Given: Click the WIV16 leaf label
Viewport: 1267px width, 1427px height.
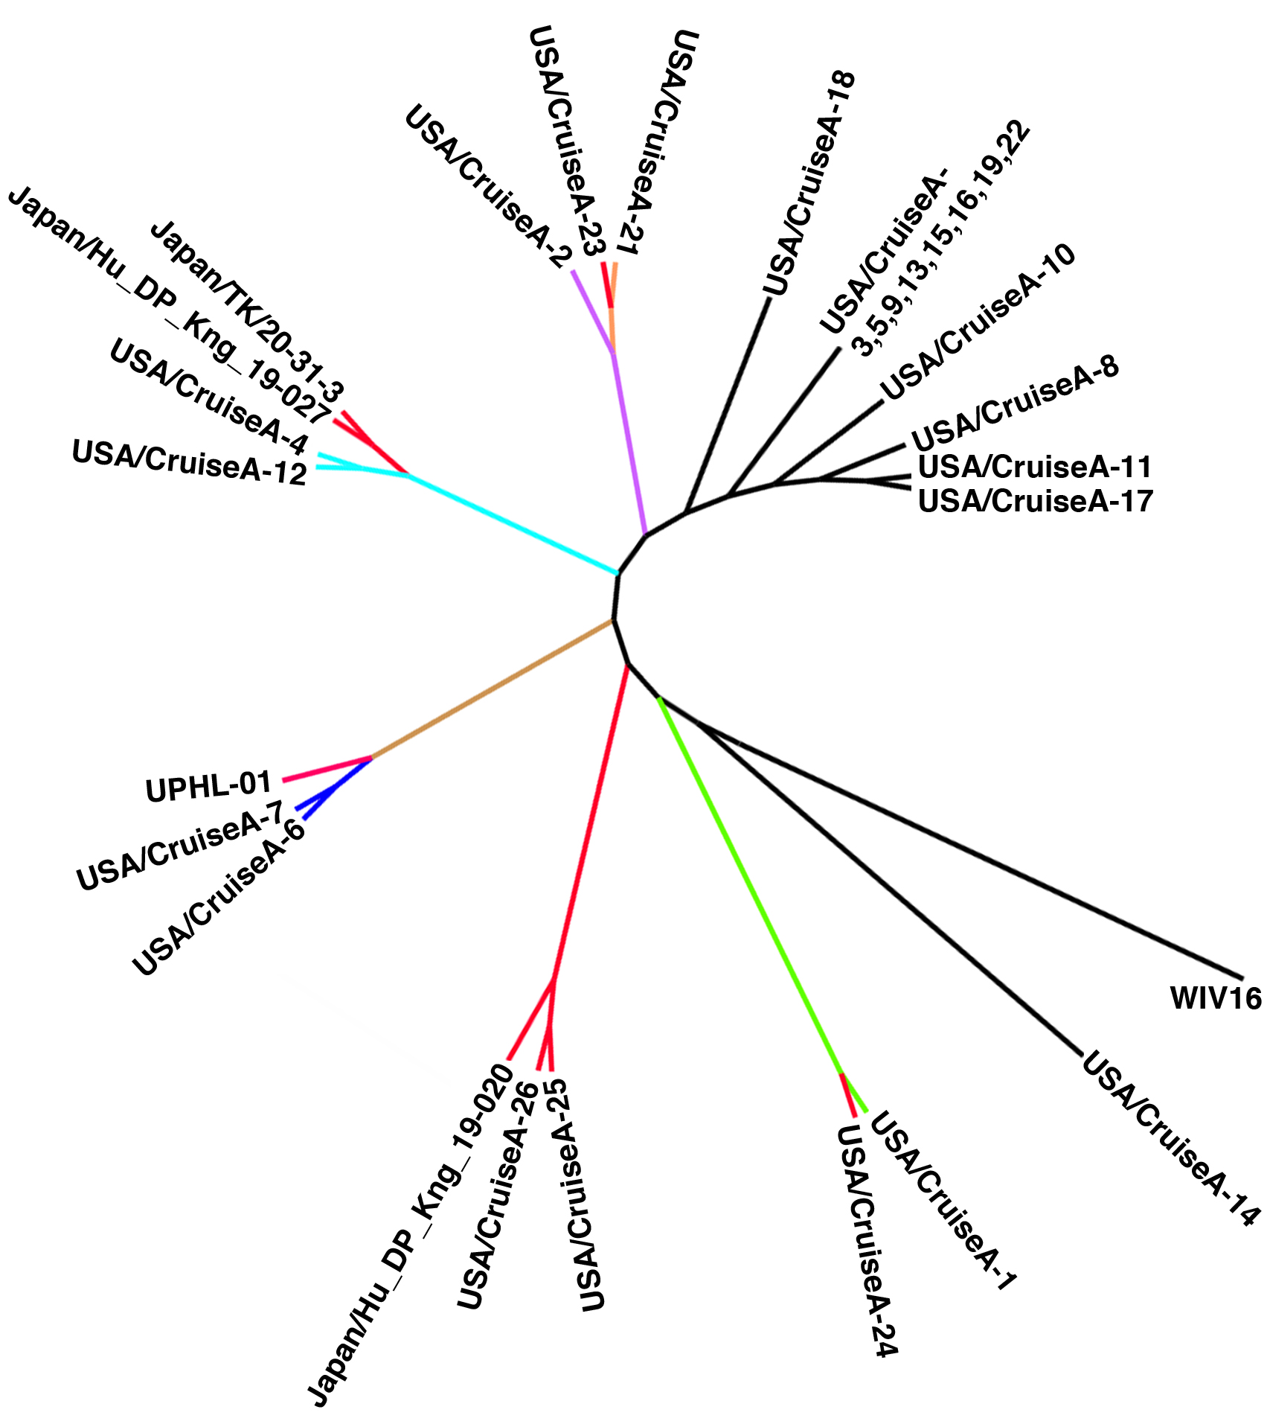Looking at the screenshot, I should (1216, 998).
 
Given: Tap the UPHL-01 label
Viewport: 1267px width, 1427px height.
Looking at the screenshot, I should (209, 787).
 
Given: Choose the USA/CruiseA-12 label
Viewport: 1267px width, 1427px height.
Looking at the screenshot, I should (190, 462).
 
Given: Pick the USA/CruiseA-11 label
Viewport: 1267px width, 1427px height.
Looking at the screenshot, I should (1035, 467).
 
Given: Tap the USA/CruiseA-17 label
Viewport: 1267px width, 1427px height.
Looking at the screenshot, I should (1035, 501).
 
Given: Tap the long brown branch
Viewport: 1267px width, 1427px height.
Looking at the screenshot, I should (491, 689).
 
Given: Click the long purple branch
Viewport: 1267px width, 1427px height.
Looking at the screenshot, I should (629, 443).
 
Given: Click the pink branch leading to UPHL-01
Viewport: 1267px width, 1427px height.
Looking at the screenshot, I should (327, 769).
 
